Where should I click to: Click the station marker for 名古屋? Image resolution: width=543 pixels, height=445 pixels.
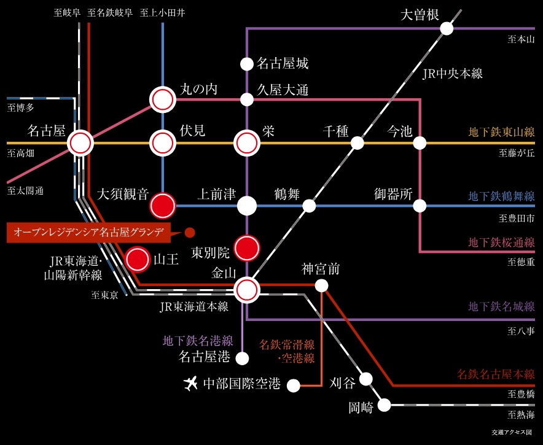[x=80, y=143]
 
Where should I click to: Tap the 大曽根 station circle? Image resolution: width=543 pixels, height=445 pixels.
[x=447, y=28]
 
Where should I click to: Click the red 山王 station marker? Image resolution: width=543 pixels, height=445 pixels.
[x=137, y=259]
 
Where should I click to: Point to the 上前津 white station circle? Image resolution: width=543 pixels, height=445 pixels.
[x=247, y=206]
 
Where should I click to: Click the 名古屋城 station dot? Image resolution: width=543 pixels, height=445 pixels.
[x=247, y=63]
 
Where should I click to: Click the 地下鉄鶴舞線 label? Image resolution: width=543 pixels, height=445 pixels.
[x=501, y=196]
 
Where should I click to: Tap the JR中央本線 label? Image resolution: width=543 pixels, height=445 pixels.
[x=453, y=74]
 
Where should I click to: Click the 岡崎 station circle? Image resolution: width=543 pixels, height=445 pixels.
[x=385, y=405]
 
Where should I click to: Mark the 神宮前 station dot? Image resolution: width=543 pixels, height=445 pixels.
[x=321, y=285]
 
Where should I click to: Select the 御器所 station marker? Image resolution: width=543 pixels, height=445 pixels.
[x=420, y=206]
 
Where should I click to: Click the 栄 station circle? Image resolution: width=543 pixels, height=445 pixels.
[x=247, y=143]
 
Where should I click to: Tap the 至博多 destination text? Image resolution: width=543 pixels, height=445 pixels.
[x=21, y=109]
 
